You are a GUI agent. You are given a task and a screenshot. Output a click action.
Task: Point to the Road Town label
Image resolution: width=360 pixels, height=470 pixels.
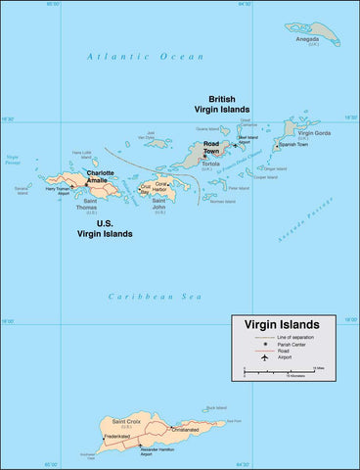point(211,149)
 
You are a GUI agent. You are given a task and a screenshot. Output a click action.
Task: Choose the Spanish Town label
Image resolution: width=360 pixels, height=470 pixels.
point(292,145)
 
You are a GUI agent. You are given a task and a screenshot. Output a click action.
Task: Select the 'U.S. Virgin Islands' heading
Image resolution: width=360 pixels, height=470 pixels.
point(102,229)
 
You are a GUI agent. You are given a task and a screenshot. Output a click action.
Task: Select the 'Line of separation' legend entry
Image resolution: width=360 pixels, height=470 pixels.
point(299,337)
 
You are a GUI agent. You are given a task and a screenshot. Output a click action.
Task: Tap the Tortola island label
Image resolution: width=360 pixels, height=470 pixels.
point(210,164)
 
